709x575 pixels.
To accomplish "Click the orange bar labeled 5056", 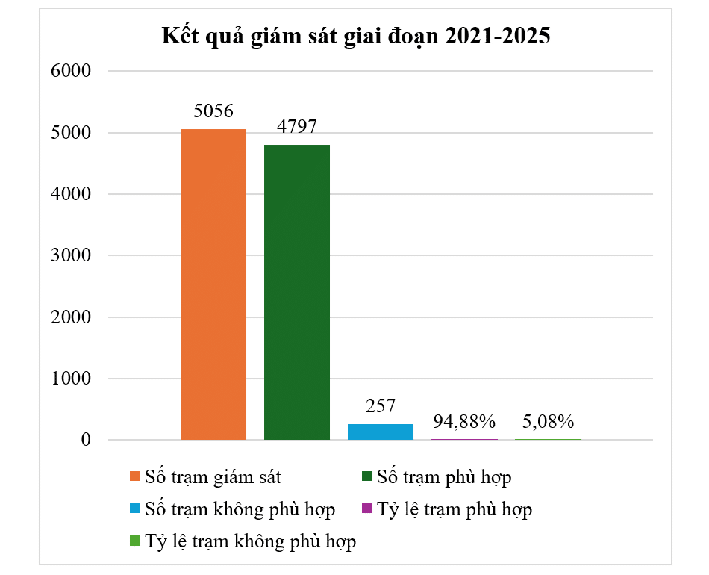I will [x=213, y=285].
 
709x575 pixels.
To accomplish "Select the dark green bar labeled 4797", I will [x=297, y=292].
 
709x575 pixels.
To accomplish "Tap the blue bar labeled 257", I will [x=381, y=432].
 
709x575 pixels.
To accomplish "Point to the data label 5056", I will [x=213, y=111].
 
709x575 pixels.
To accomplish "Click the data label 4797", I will [x=297, y=127].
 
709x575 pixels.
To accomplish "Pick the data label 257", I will [x=381, y=406].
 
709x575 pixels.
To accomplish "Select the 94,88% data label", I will [x=464, y=421].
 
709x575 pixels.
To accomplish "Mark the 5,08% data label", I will [x=548, y=421].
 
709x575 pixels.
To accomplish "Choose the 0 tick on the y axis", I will [x=85, y=441].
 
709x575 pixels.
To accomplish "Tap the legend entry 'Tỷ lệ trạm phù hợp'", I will [x=455, y=509].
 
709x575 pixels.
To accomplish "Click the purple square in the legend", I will [x=366, y=509].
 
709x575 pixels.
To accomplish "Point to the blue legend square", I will [x=134, y=509].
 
